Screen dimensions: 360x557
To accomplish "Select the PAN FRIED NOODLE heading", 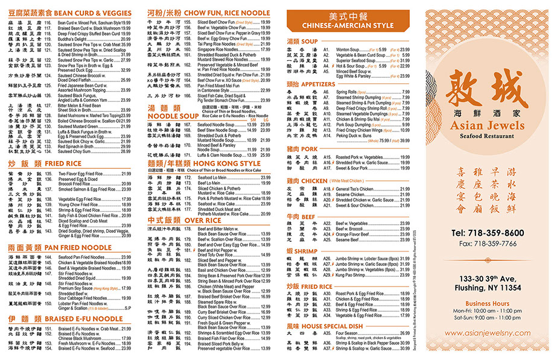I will (x=71, y=247).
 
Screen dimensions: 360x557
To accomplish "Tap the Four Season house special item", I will (x=349, y=332).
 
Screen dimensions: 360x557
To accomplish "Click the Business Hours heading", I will (x=488, y=303).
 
